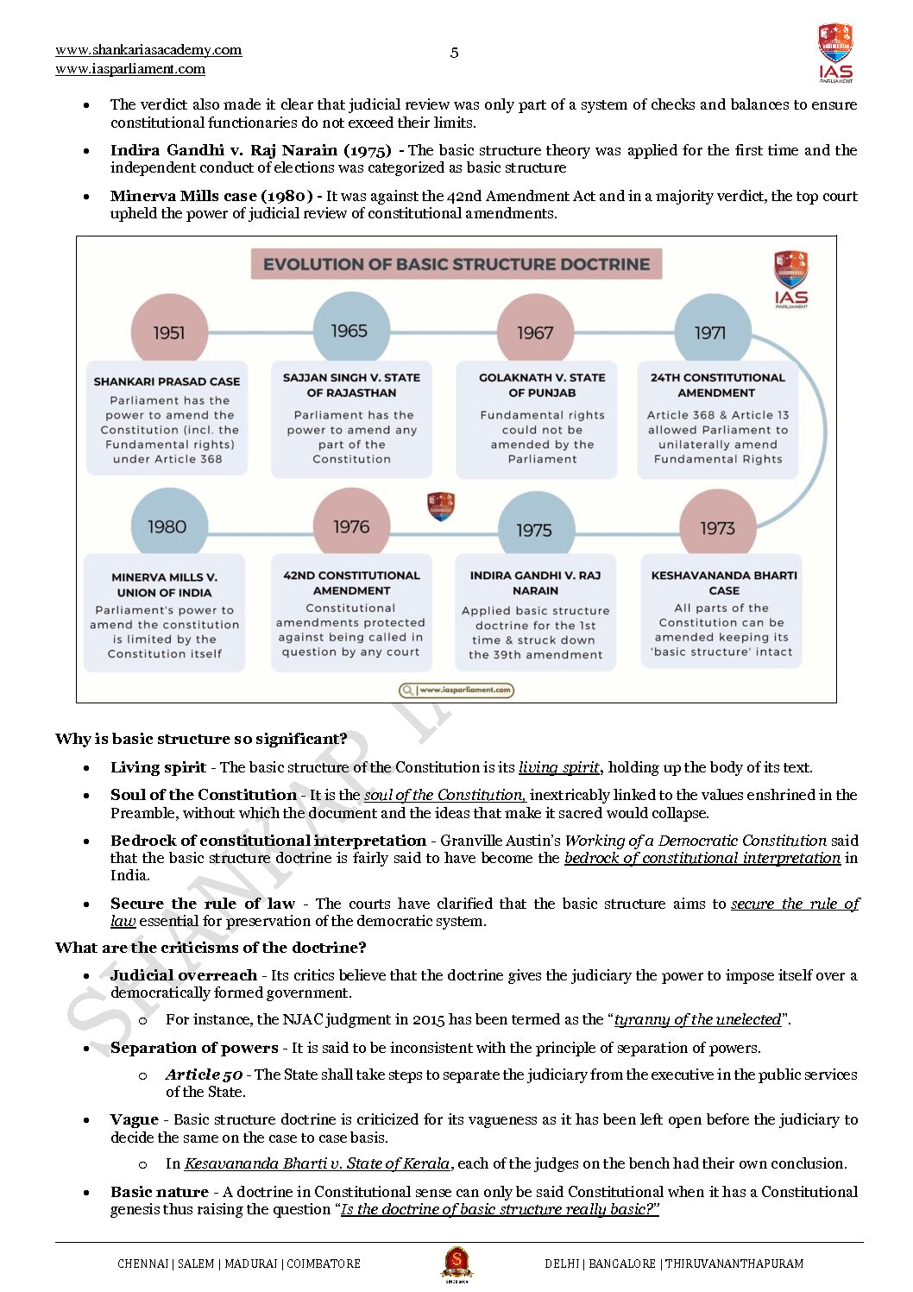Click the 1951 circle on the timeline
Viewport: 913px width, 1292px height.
[169, 332]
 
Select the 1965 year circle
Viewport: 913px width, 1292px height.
[349, 331]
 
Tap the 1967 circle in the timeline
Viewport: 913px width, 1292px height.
[535, 332]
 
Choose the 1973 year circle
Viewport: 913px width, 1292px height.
[718, 527]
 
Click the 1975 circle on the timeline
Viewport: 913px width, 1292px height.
[535, 529]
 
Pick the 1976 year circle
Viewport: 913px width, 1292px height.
[351, 526]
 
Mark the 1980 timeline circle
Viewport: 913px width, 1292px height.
[167, 526]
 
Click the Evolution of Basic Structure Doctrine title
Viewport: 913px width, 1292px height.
[456, 264]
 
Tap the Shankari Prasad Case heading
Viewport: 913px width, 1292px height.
[167, 381]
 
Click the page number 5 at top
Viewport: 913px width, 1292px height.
[455, 53]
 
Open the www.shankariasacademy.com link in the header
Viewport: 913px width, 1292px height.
[148, 50]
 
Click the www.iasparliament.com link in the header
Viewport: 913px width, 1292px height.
[130, 69]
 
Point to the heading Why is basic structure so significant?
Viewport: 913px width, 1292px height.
[201, 739]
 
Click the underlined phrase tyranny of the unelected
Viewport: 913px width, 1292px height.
[697, 1019]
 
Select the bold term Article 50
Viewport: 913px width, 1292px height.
[204, 1075]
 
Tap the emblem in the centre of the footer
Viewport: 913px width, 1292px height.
[456, 1264]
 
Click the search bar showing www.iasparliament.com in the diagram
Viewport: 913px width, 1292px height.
[456, 690]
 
